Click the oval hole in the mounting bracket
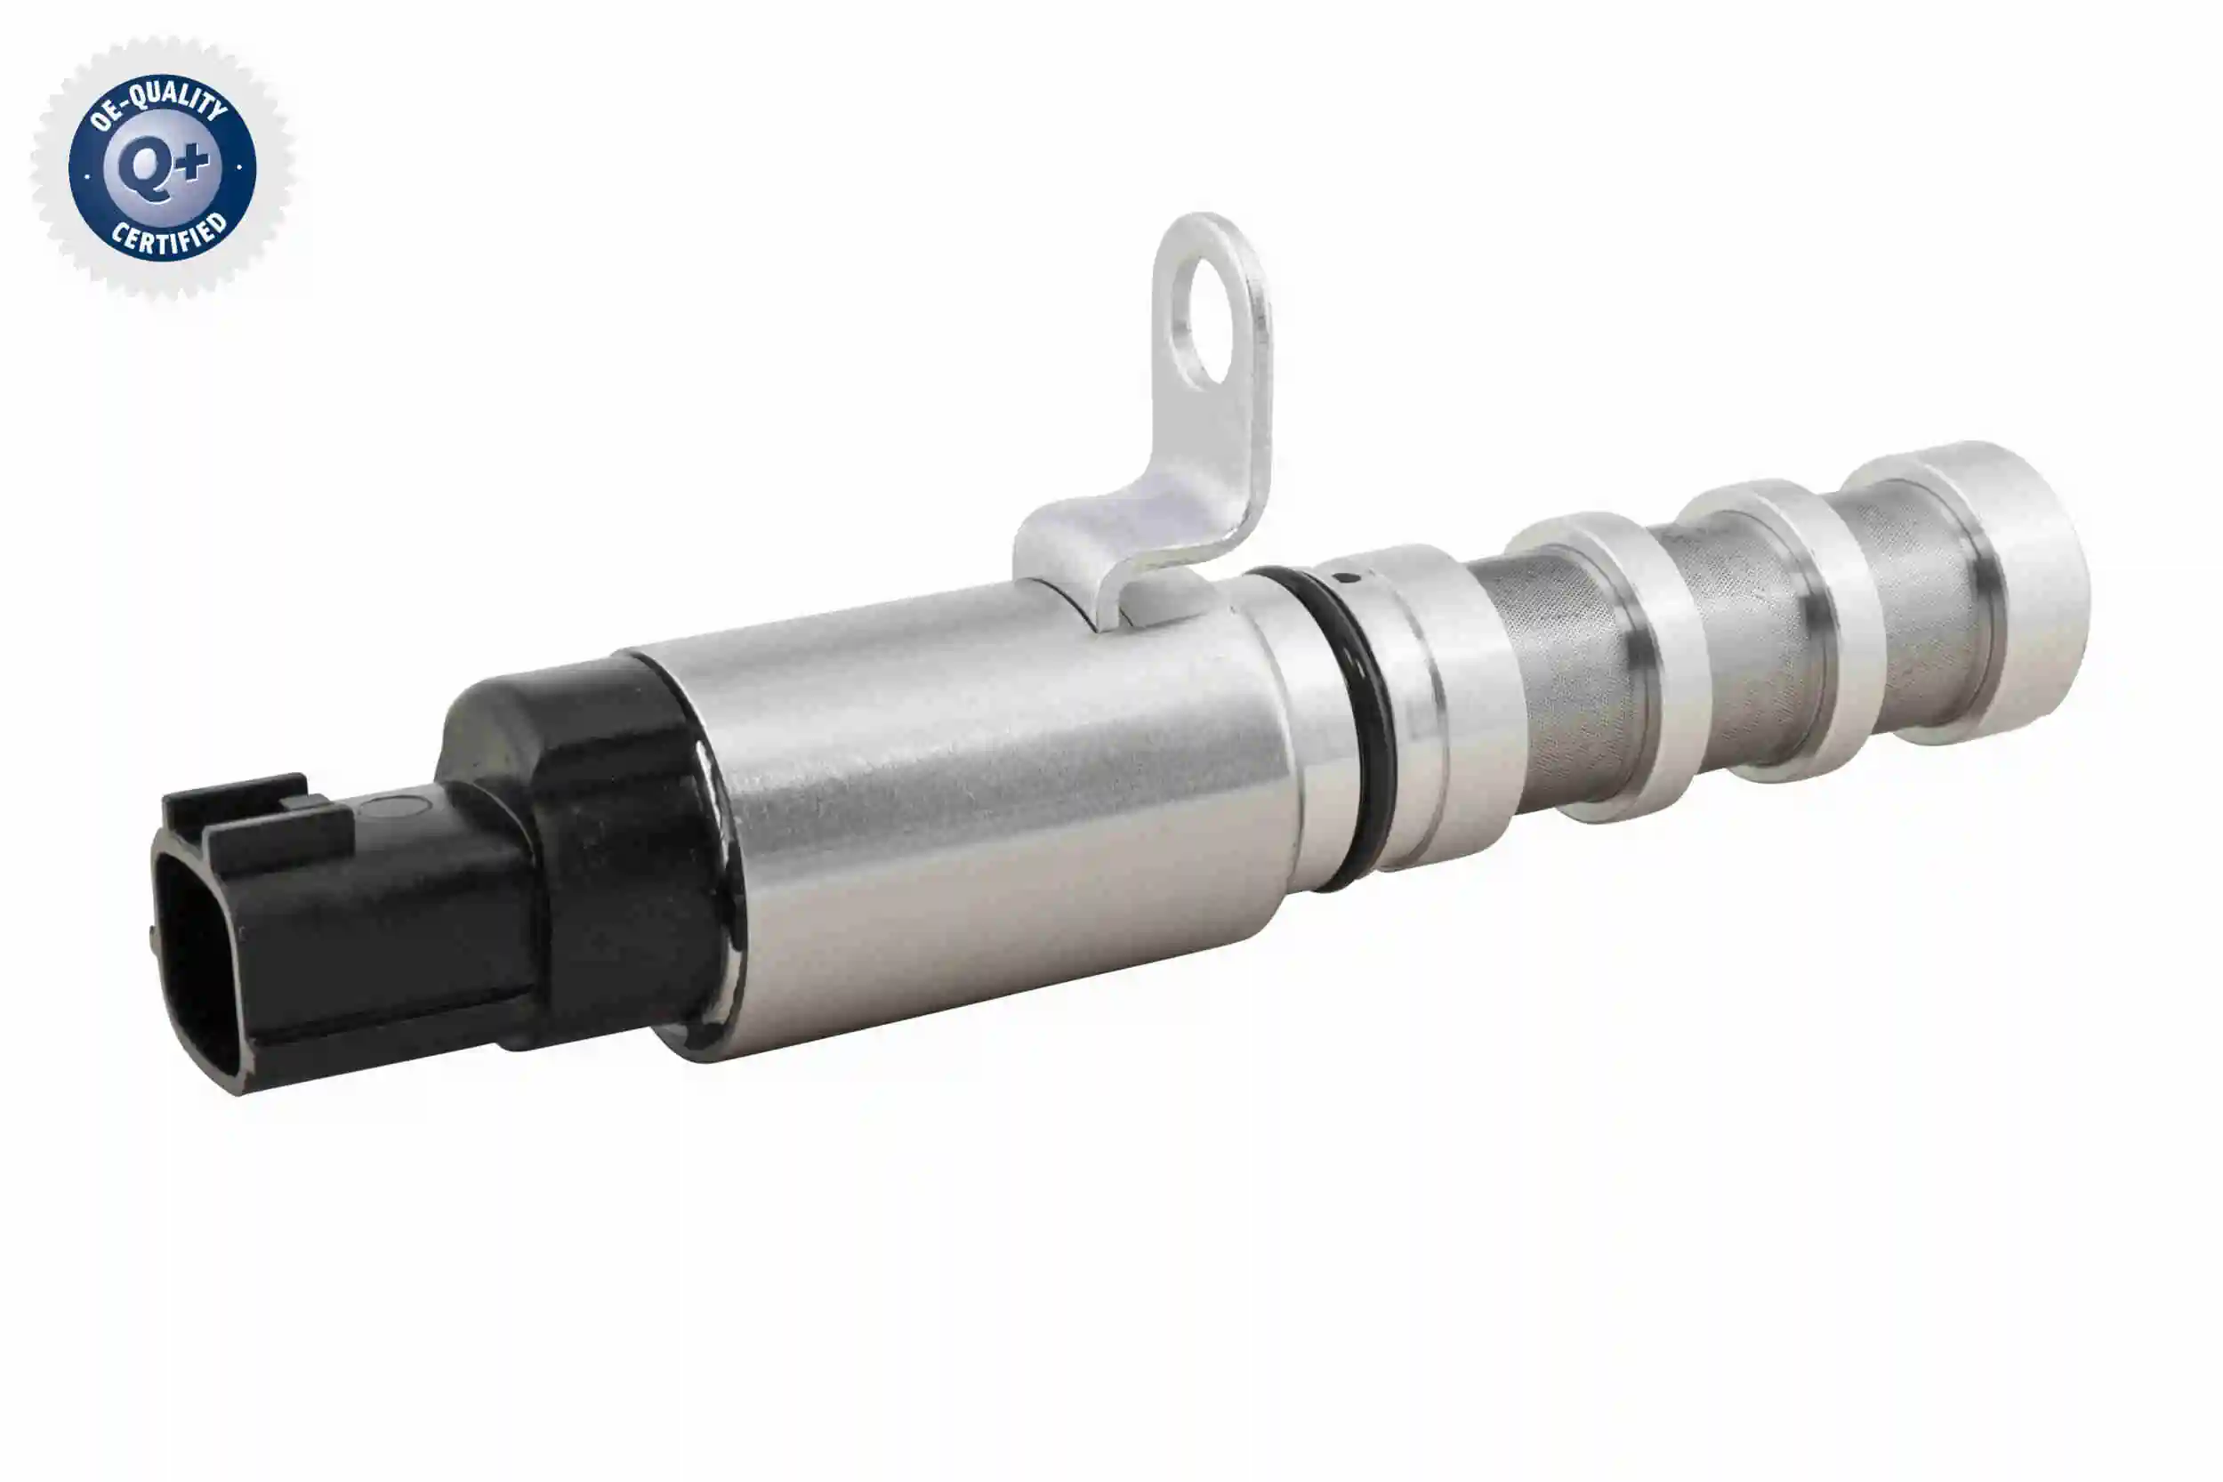[1207, 327]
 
